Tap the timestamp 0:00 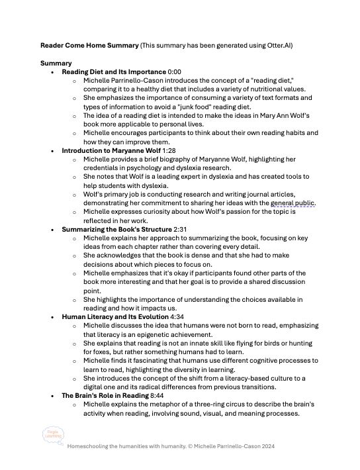click(177, 71)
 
